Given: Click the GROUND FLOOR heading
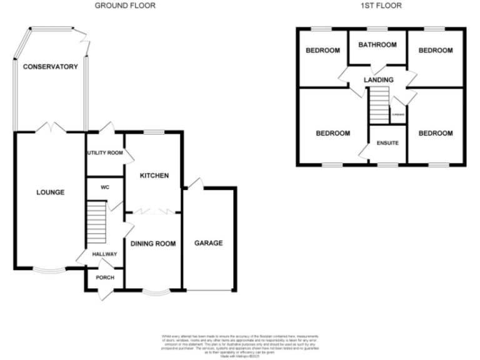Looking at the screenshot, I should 125,6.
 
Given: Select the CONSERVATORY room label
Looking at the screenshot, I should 50,67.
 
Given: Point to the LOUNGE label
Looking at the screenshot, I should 50,192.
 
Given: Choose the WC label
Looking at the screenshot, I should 104,187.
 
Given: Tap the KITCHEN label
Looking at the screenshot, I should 154,176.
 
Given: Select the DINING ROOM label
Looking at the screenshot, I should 153,243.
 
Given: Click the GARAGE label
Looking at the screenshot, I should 208,243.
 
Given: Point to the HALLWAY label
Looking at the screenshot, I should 101,254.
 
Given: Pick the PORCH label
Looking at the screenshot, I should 104,277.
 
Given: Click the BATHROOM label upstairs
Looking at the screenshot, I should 377,45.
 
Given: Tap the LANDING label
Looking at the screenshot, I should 379,80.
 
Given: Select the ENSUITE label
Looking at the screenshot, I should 387,142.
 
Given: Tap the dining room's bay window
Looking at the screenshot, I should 153,291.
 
